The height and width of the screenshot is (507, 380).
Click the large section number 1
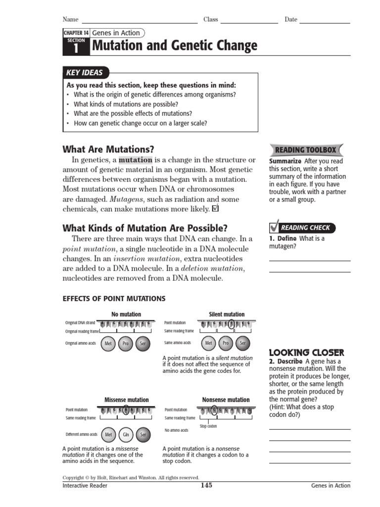[x=76, y=48]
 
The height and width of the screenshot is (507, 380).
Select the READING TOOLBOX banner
[x=305, y=150]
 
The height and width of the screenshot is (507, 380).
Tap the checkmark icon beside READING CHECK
[x=275, y=227]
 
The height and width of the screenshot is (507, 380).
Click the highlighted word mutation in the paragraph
[x=136, y=160]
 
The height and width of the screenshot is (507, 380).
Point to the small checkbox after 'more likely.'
[x=215, y=209]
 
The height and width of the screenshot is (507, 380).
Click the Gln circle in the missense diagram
[x=126, y=435]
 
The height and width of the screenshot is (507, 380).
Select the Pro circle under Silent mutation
[x=226, y=343]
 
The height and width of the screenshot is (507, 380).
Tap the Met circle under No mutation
[x=108, y=343]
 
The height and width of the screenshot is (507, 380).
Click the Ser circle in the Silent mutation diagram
[x=242, y=343]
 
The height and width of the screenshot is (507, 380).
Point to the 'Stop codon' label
[x=208, y=426]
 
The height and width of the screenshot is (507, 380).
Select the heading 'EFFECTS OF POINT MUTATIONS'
[x=114, y=299]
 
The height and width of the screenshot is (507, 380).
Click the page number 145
[x=206, y=485]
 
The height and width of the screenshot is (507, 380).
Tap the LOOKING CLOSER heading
[x=306, y=353]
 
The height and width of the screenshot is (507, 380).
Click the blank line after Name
[x=140, y=22]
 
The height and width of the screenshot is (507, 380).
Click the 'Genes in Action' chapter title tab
[x=117, y=33]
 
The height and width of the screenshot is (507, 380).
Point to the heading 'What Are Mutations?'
[x=108, y=149]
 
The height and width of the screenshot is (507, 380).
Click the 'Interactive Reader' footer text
[x=85, y=486]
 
